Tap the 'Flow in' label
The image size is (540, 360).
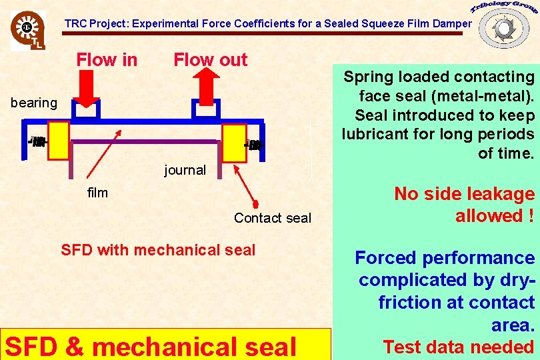pyautogui.click(x=107, y=60)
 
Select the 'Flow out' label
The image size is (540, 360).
pyautogui.click(x=210, y=60)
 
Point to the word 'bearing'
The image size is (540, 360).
pyautogui.click(x=34, y=103)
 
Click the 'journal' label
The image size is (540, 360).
pyautogui.click(x=185, y=170)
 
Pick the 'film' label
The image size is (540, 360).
pyautogui.click(x=97, y=193)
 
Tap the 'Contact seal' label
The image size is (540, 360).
pyautogui.click(x=272, y=218)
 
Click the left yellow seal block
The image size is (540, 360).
pyautogui.click(x=59, y=141)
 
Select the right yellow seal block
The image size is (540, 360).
pyautogui.click(x=234, y=143)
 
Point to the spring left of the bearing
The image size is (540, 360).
pyautogui.click(x=38, y=141)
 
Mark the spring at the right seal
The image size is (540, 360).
pyautogui.click(x=254, y=145)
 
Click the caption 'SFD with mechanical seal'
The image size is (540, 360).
pyautogui.click(x=158, y=251)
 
